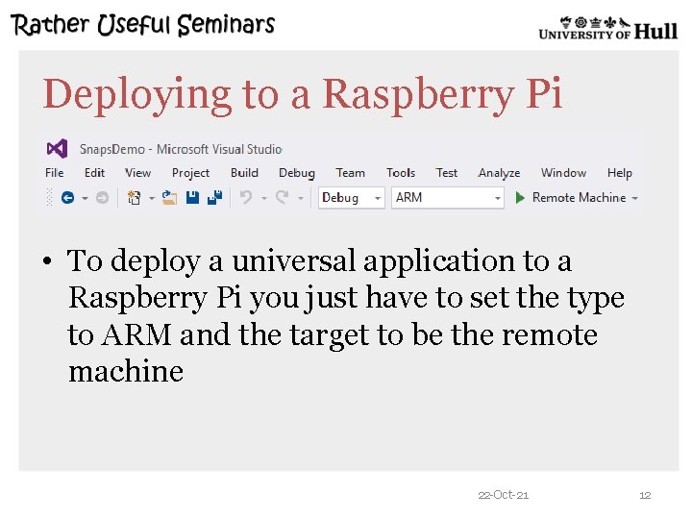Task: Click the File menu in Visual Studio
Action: pos(55,173)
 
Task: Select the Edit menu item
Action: pos(94,173)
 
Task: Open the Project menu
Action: pos(190,173)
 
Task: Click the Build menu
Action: pos(244,173)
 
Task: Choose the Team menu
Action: pos(350,173)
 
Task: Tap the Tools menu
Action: pos(401,173)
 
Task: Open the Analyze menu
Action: pos(499,173)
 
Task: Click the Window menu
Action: pos(563,173)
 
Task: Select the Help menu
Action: pos(620,173)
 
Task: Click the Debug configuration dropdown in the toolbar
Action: pos(351,197)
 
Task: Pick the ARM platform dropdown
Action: pos(448,197)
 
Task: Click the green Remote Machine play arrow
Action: pos(520,197)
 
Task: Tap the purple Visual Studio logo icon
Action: pos(57,148)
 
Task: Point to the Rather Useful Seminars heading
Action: pos(144,25)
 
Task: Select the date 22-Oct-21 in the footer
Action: pos(503,495)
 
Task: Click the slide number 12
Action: pos(645,495)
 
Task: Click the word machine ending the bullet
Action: pos(126,371)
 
